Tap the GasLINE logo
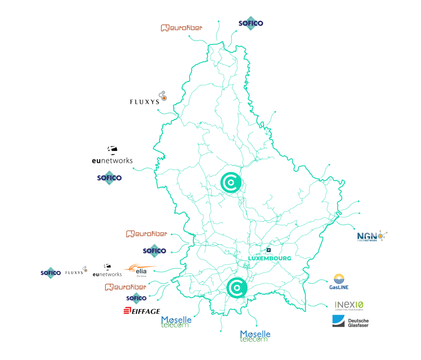339,282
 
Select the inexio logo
349,305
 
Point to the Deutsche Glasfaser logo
350,321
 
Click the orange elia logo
140,270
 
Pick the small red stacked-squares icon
127,310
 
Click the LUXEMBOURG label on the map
270,258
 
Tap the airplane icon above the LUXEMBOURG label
268,249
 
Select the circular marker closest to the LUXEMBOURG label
237,287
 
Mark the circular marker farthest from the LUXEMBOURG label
231,182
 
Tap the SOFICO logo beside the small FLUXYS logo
51,272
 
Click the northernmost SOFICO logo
251,23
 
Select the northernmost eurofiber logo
181,28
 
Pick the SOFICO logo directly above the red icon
136,298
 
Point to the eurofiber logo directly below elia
125,287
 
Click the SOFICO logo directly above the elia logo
155,251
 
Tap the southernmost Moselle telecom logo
255,336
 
